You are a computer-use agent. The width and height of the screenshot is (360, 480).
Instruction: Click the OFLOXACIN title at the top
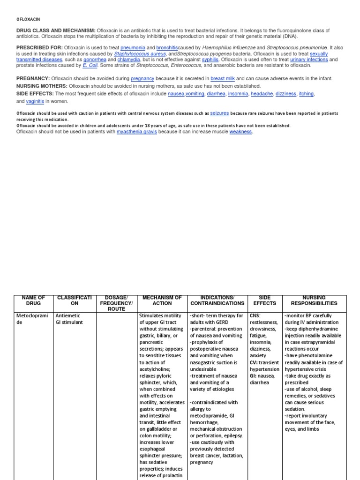tap(28, 19)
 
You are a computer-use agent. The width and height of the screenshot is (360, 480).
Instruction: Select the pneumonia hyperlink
tap(133, 48)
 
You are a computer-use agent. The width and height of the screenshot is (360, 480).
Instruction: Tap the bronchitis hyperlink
tap(167, 48)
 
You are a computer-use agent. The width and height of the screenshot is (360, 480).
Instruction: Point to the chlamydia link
tap(128, 60)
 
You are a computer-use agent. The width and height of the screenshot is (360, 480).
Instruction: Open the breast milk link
tap(223, 79)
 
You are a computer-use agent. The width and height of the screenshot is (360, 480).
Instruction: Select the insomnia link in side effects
tap(238, 94)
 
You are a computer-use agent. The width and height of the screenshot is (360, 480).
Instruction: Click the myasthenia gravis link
tap(137, 132)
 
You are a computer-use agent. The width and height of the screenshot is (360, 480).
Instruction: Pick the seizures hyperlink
tap(219, 113)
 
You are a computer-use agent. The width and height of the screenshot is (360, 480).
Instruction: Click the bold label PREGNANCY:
tap(33, 79)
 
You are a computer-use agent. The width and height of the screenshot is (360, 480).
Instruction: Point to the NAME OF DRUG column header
tap(33, 300)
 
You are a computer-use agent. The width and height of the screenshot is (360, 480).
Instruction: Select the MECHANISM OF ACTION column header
tap(162, 300)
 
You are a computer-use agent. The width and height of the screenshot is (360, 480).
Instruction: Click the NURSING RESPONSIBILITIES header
tap(314, 300)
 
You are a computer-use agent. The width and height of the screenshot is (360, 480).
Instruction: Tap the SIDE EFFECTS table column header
tap(264, 300)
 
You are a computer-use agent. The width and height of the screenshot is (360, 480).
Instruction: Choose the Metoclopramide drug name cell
tap(33, 319)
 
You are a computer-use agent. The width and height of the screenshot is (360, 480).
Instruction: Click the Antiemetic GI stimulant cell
tap(69, 319)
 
